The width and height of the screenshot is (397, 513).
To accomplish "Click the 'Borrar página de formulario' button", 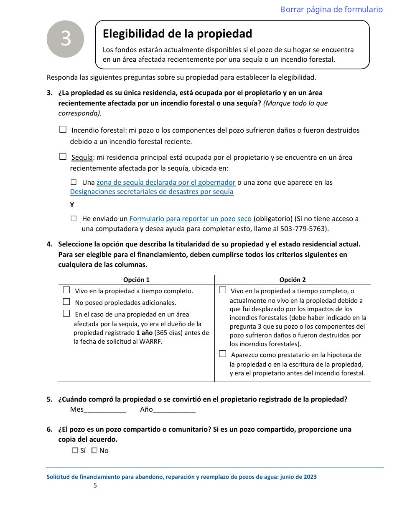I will pos(331,10).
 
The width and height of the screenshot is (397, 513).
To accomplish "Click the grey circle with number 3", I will pos(66,39).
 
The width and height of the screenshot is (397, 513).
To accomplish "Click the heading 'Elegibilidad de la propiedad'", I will pos(177,33).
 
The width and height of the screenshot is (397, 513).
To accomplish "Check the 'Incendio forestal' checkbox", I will pos(63,130).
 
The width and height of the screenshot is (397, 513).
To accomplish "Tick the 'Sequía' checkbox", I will pos(63,157).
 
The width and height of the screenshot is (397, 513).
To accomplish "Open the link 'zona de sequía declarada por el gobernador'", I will pos(166,182).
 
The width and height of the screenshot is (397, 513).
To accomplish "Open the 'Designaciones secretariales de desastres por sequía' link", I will pos(152,192).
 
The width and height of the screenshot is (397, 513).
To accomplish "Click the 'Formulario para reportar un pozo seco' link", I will pos(191,219).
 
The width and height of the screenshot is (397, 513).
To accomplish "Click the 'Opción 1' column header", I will pos(136,280).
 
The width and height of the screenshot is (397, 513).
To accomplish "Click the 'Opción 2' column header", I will pos(293,280).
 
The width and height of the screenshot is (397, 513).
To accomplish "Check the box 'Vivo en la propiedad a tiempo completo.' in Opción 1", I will pos(66,290).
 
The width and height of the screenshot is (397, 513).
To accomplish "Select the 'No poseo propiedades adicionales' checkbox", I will pos(66,302).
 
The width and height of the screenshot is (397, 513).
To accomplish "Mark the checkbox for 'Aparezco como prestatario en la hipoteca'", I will pos(223,354).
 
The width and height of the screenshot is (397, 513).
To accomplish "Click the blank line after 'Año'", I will pos(174,410).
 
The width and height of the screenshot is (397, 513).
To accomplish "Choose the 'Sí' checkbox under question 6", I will pos(75,450).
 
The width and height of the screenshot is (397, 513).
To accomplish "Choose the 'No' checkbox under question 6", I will pos(94,450).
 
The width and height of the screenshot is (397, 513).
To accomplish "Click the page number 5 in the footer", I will pos(95,485).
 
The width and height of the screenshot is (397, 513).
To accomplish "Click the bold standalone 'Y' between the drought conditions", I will pos(72,205).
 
